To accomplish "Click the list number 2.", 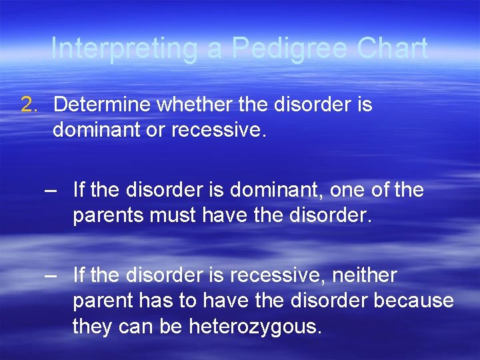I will tap(29, 105).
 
